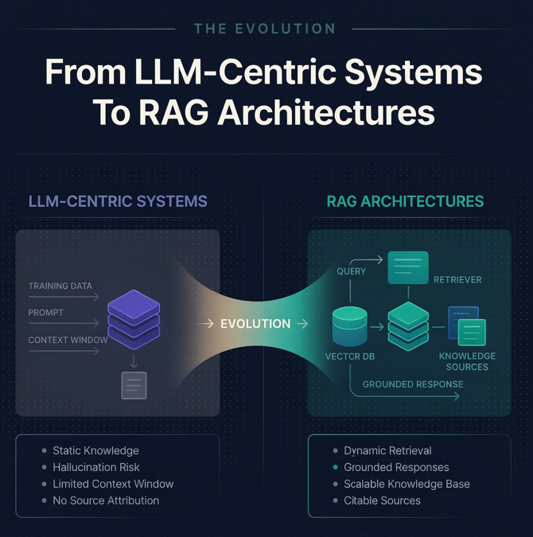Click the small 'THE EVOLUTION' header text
[264, 29]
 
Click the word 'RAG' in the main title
[173, 112]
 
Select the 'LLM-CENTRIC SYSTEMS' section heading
[118, 201]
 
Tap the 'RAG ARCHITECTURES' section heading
[405, 201]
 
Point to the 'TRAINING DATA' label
[60, 286]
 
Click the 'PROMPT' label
[46, 313]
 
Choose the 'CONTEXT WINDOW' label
[68, 340]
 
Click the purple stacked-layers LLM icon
[134, 320]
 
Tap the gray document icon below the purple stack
[134, 385]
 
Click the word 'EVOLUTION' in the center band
[255, 324]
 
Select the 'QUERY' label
[351, 271]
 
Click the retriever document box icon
[408, 267]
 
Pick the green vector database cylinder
[350, 326]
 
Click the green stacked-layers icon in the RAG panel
[408, 326]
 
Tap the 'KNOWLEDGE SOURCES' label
[467, 361]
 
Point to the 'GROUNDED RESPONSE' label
[413, 384]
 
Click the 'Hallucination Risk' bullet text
[96, 467]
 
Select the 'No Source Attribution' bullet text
[106, 500]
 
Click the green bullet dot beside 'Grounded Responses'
[336, 467]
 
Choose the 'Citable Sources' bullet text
[382, 500]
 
